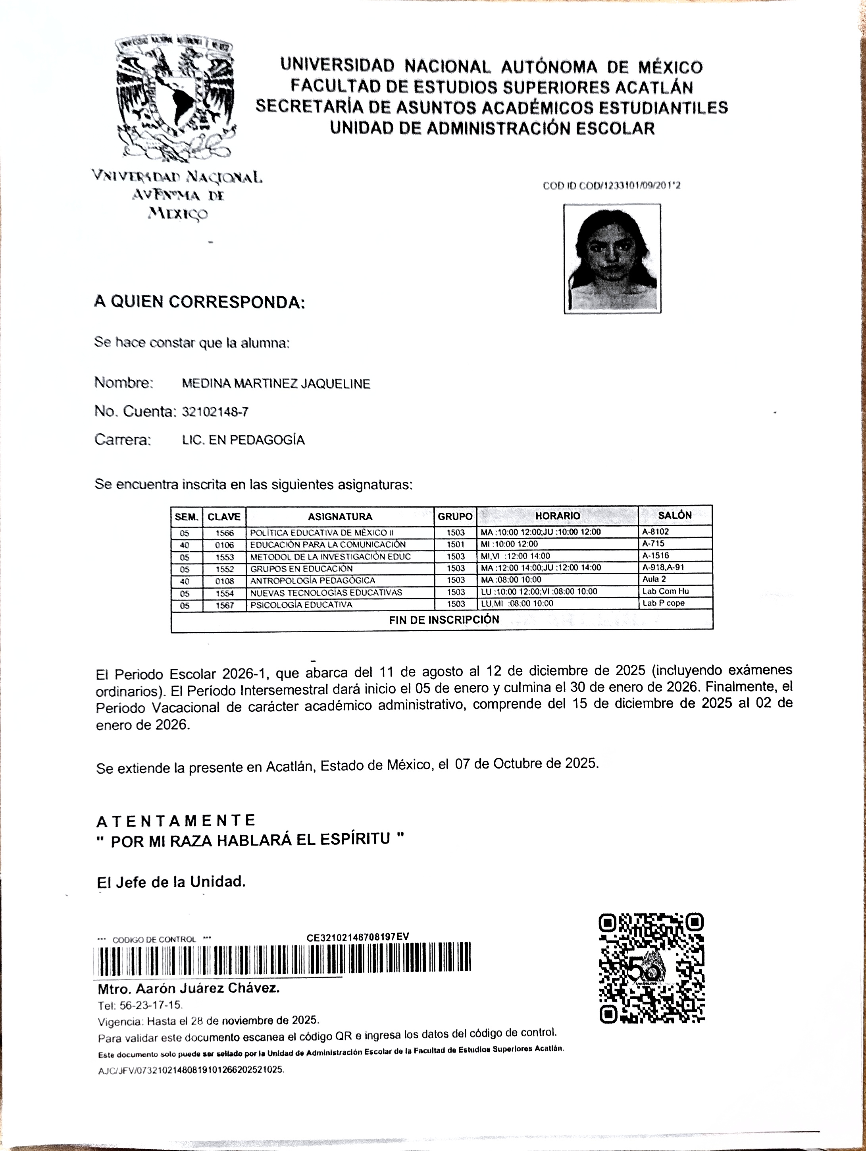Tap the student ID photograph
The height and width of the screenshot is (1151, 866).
[x=612, y=259]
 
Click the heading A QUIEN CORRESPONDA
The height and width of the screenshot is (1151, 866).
[x=199, y=302]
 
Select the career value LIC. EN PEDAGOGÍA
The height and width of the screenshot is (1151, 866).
[x=243, y=440]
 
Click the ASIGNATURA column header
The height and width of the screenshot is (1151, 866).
[x=340, y=517]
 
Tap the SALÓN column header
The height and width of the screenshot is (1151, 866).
[x=675, y=515]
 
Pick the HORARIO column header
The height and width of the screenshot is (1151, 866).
[x=558, y=516]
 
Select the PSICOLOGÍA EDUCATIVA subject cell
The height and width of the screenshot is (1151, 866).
[x=302, y=604]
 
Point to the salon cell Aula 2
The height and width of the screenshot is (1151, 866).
[x=654, y=579]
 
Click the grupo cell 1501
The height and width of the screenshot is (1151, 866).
[x=456, y=544]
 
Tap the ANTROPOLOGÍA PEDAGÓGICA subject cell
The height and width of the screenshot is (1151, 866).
[x=313, y=580]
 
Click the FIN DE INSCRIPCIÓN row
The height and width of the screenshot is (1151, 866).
[x=444, y=620]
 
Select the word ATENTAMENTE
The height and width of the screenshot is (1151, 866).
[x=176, y=821]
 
